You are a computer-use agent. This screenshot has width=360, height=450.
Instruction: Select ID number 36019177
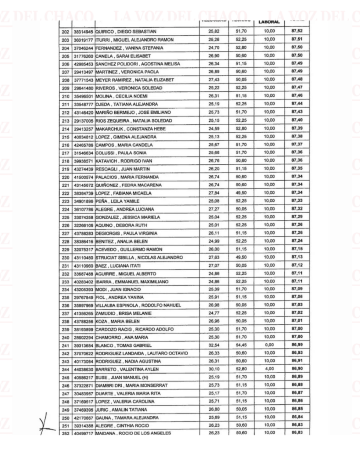click(x=84, y=40)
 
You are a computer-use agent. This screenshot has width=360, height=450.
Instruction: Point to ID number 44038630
click(x=84, y=369)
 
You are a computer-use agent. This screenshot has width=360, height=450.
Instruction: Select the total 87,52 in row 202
click(x=297, y=31)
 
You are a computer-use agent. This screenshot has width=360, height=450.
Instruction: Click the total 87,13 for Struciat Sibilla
click(x=297, y=257)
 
